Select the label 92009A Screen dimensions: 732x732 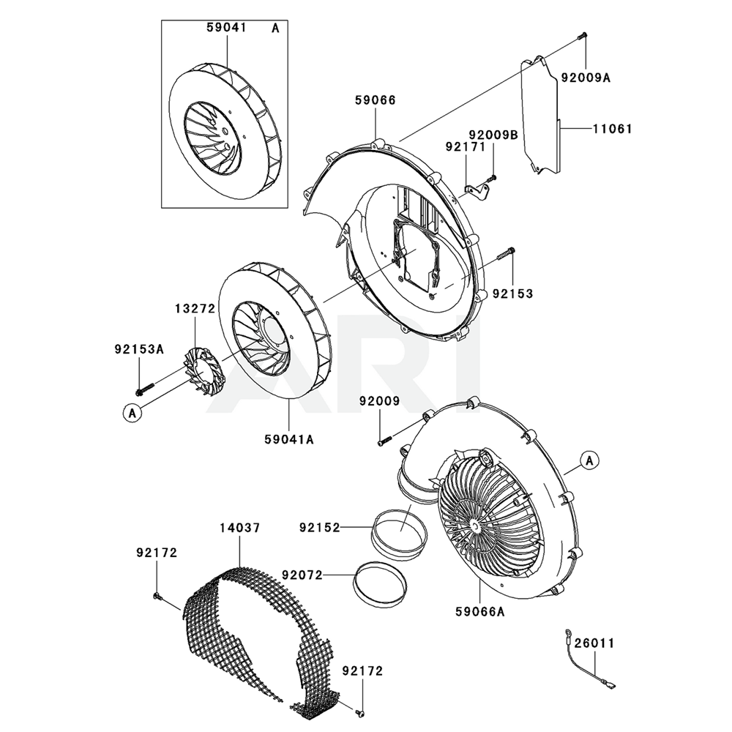click(586, 76)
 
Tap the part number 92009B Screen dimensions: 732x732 click(493, 135)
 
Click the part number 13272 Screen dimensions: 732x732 click(195, 309)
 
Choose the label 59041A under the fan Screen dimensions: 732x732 click(289, 439)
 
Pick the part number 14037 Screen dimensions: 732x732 click(241, 527)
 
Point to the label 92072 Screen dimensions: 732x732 click(302, 575)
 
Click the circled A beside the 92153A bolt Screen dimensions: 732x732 click(132, 413)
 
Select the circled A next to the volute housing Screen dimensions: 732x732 click(591, 460)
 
